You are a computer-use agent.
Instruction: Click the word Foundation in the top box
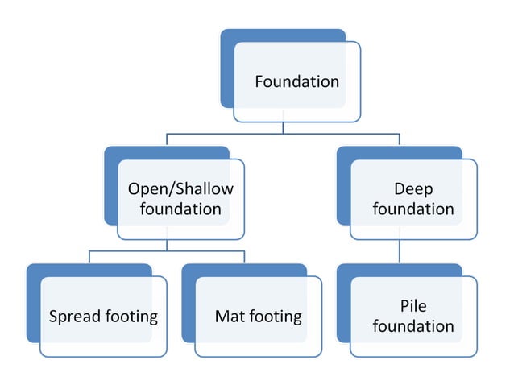pyautogui.click(x=296, y=81)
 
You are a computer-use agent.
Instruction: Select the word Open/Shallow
pyautogui.click(x=180, y=189)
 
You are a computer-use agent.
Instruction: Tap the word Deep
pyautogui.click(x=413, y=189)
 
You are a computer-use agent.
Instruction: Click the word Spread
pyautogui.click(x=75, y=317)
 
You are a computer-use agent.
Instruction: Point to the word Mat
pyautogui.click(x=230, y=317)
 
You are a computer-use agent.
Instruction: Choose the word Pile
pyautogui.click(x=413, y=306)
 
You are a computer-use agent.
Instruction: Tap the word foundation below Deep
pyautogui.click(x=413, y=209)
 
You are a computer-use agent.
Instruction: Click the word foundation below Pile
pyautogui.click(x=413, y=326)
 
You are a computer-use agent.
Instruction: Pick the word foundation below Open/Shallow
pyautogui.click(x=180, y=209)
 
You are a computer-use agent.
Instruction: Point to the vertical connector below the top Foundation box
pyautogui.click(x=283, y=127)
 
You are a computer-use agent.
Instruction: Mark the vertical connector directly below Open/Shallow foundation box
pyautogui.click(x=167, y=245)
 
